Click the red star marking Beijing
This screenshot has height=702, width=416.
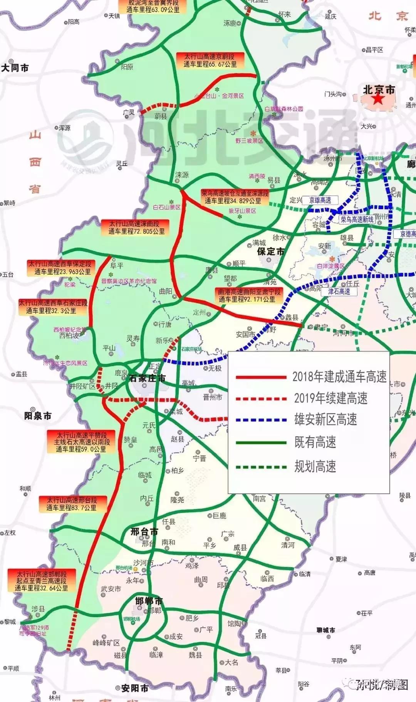tap(378, 99)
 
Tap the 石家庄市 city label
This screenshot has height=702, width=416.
tap(148, 378)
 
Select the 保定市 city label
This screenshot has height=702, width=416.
tap(271, 252)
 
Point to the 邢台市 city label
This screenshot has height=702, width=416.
tap(144, 532)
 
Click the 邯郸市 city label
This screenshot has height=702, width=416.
tap(149, 601)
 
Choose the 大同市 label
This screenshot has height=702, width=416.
tap(15, 68)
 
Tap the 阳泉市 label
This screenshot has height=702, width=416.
tap(38, 416)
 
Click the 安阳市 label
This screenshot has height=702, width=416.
tap(134, 688)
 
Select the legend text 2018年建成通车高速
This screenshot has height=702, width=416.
tap(339, 377)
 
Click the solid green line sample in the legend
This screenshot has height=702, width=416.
tap(261, 443)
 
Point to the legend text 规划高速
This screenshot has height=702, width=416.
tap(315, 466)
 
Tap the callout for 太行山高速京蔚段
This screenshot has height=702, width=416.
tap(210, 60)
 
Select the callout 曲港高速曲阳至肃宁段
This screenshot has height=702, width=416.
tap(249, 295)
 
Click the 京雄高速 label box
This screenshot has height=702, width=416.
tap(320, 200)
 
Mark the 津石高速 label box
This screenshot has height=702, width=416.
tap(339, 292)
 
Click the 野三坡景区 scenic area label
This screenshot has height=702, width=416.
tap(249, 141)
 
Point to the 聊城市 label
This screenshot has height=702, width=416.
tap(325, 630)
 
